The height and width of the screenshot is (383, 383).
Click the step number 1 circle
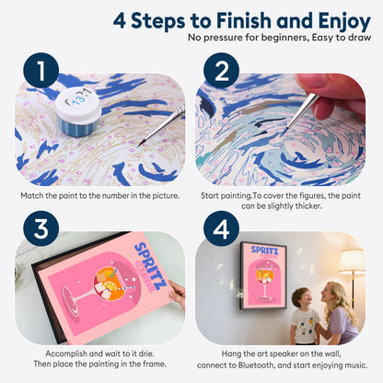pos(41,70)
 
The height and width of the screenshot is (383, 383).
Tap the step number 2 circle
pos(221,70)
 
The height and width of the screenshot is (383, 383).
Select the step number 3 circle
pos(41,228)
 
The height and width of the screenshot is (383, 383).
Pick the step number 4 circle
pos(221,228)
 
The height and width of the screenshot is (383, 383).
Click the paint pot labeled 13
pos(78,111)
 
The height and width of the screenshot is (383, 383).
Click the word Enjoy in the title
pos(344,21)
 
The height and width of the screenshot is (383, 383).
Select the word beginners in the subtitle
pos(277,38)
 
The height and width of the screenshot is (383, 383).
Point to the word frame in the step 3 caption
pos(154,365)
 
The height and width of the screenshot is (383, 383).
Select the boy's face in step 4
pos(301,297)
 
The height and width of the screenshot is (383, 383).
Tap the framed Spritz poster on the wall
pos(263,275)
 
